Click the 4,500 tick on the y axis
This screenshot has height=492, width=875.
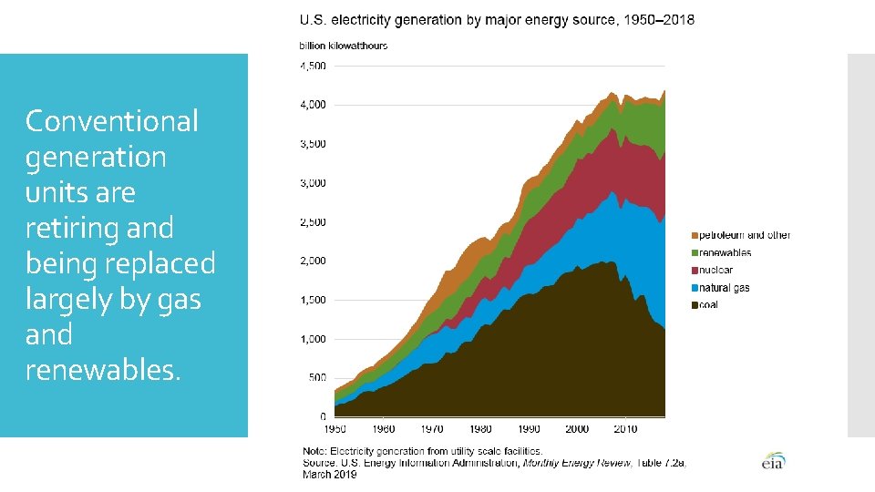pos(313,66)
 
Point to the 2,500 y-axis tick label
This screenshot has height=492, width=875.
pos(313,222)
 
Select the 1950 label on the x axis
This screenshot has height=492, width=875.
pos(335,428)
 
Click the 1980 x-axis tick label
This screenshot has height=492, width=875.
pos(480,428)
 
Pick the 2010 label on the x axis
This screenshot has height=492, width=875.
pos(625,428)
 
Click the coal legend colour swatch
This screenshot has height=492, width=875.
pos(694,305)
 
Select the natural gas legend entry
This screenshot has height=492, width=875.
pos(725,288)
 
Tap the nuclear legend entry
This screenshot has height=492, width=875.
pos(715,271)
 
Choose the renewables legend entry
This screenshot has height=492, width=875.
pos(725,253)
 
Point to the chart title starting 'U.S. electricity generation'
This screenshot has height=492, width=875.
pos(497,21)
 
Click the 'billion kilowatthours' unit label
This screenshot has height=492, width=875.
pos(344,46)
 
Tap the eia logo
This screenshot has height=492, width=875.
pos(773,461)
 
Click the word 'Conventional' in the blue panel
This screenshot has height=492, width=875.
pos(111,121)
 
